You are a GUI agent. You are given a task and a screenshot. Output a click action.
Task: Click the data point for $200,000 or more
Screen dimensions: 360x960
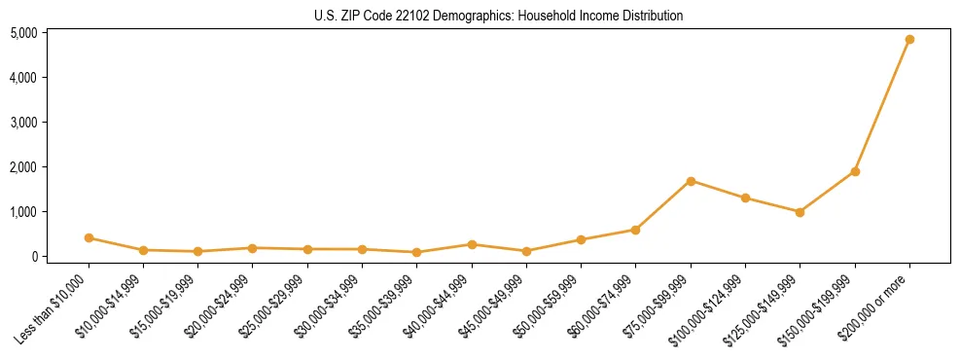tap(909, 40)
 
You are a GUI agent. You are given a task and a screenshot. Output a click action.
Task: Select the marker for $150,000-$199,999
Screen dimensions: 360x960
tap(855, 171)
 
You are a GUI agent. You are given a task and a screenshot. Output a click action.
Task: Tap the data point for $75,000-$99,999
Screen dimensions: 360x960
tap(691, 181)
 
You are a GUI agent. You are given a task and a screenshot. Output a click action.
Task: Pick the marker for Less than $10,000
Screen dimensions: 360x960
tap(89, 237)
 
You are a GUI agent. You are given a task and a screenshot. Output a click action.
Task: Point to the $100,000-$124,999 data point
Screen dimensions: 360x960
tap(745, 198)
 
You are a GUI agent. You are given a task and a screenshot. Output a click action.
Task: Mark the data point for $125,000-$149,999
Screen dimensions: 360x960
tap(800, 212)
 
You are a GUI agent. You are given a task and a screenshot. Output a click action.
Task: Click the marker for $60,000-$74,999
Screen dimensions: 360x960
tap(635, 230)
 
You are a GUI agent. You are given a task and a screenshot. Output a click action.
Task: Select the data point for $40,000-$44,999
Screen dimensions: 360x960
tap(472, 244)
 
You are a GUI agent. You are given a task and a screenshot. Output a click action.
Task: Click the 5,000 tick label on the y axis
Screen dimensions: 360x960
tap(23, 33)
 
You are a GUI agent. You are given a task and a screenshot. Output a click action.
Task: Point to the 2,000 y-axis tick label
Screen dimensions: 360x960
tap(23, 167)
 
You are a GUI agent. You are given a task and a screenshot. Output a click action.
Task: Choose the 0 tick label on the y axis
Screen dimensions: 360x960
tap(33, 257)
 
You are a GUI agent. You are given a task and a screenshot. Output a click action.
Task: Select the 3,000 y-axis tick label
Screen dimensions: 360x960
tap(23, 123)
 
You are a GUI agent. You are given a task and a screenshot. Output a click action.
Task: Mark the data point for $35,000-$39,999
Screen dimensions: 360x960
tap(416, 252)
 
